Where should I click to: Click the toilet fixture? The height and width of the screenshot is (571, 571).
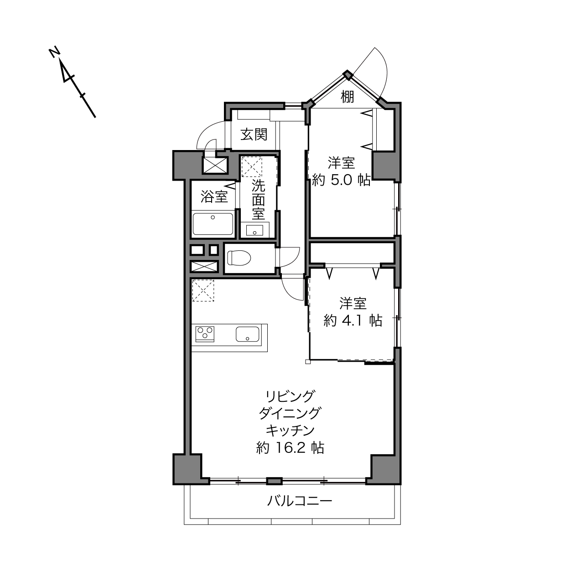click(239, 258)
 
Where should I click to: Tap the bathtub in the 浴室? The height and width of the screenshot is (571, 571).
click(213, 224)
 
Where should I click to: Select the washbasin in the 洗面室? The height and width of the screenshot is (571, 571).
click(254, 230)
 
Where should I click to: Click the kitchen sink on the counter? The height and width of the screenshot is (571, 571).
click(248, 334)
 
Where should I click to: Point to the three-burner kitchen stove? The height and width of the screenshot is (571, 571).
click(204, 334)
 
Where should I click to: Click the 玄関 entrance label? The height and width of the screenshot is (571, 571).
click(254, 135)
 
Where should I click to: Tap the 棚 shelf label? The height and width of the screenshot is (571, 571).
click(347, 97)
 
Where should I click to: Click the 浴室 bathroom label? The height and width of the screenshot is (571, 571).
click(214, 197)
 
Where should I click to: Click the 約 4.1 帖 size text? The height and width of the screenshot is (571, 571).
click(353, 321)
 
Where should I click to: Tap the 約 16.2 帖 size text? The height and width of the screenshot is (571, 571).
click(290, 448)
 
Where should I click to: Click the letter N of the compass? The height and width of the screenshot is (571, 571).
click(54, 52)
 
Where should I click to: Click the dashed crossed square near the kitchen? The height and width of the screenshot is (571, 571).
click(203, 291)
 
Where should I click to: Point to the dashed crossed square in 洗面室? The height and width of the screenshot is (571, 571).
click(252, 167)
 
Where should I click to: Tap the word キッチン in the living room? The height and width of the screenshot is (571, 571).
click(290, 430)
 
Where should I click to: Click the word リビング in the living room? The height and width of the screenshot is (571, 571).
click(290, 396)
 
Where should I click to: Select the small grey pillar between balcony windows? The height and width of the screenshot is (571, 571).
click(275, 481)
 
